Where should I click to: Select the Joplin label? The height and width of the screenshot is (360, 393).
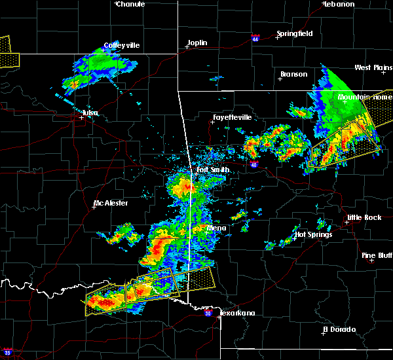tap(197, 43)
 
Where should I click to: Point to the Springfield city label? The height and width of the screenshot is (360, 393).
tap(294, 33)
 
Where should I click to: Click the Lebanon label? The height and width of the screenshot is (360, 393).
tap(339, 4)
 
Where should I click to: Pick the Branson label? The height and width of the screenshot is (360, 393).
tap(293, 74)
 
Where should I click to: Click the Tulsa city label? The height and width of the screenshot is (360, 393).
tap(90, 113)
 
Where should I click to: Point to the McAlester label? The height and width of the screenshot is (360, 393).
tap(111, 203)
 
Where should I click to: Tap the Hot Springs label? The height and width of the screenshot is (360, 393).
tap(314, 234)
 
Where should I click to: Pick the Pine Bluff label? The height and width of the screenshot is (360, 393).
tap(378, 255)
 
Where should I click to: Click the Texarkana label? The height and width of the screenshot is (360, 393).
tap(237, 313)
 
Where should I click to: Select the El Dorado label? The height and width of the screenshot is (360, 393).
tap(340, 329)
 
